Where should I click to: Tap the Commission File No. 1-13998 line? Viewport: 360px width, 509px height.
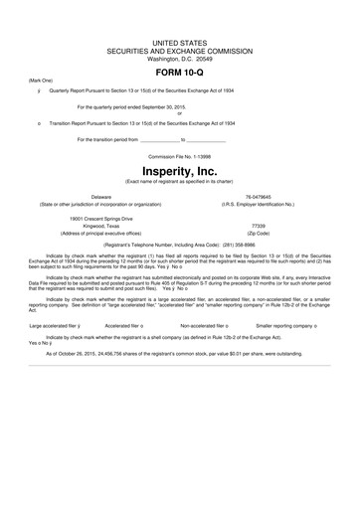click(x=180, y=155)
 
